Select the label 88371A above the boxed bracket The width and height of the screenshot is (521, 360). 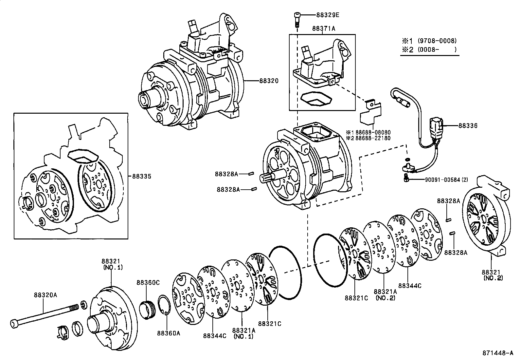coord(324,28)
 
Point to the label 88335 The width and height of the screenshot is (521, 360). coord(142,176)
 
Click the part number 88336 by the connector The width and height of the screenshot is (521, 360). coord(468,125)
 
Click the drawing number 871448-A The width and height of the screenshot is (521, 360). coord(497,353)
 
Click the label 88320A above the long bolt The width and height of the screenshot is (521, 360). coord(45,295)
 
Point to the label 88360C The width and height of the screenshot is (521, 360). coord(148,282)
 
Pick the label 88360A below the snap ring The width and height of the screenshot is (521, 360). coord(169,333)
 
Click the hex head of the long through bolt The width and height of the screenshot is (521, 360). coord(14,324)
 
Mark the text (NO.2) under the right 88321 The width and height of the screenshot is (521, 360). coord(493,278)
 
